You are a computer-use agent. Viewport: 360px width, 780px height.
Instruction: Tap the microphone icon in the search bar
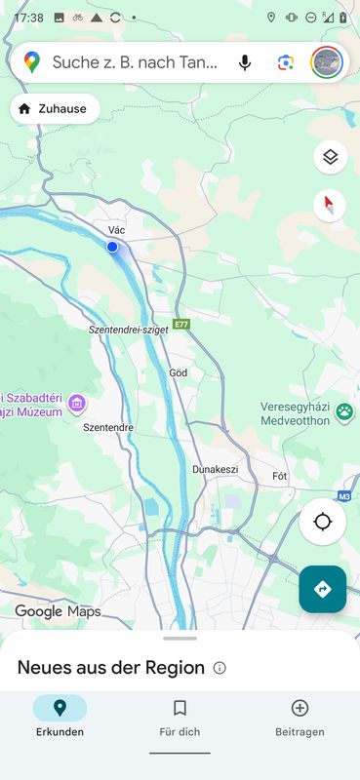(x=245, y=63)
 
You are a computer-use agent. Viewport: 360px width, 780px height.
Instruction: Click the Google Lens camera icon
(x=285, y=63)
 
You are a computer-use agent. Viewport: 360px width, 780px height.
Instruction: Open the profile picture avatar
(x=327, y=63)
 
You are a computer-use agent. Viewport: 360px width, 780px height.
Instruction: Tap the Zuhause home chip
(x=55, y=109)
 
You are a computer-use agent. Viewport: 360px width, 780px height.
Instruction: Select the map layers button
(x=331, y=157)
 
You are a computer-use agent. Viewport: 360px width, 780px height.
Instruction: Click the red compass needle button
(x=331, y=205)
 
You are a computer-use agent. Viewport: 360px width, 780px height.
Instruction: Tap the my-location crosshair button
(x=323, y=522)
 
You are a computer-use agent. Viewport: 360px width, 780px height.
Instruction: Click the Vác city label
(x=116, y=230)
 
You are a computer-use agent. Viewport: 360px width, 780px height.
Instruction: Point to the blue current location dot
(x=112, y=248)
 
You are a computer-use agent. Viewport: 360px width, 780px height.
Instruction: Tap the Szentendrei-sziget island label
(x=128, y=331)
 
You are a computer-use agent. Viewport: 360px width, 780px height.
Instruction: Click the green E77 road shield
(x=181, y=324)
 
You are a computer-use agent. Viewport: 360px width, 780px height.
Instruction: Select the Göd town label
(x=179, y=372)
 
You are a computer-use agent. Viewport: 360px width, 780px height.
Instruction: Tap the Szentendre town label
(x=108, y=427)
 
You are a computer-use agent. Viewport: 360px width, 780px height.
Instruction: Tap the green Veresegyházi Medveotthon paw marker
(x=344, y=412)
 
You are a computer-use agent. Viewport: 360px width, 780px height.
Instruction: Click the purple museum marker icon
(x=77, y=404)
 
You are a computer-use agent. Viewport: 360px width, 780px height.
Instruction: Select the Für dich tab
(x=180, y=718)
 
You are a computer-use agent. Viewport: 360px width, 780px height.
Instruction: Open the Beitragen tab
(x=300, y=718)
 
